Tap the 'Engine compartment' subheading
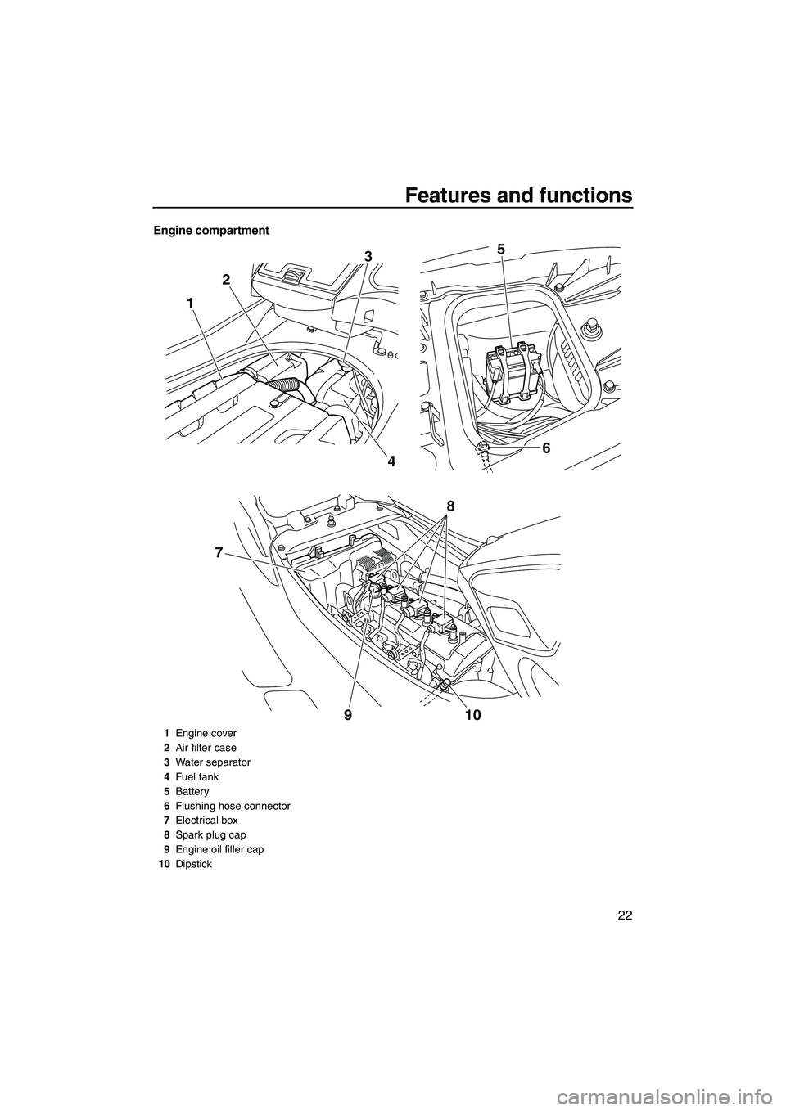point(211,231)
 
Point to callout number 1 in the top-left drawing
point(189,303)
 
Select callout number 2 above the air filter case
point(226,280)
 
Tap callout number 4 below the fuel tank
point(391,461)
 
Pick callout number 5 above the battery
point(502,250)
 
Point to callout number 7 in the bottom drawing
point(219,552)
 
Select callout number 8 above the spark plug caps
point(450,506)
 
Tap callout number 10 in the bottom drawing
point(473,715)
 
